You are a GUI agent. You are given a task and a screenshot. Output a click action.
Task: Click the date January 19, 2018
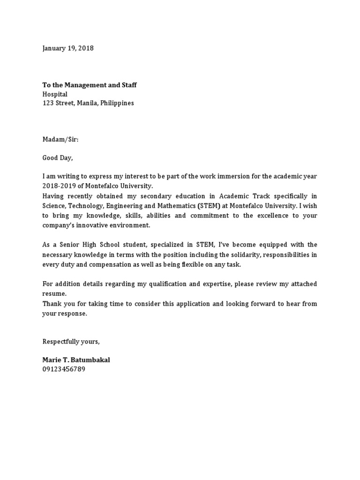(68, 48)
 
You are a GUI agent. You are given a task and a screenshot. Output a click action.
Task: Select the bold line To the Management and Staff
(90, 85)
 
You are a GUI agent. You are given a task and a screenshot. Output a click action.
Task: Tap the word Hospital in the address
(55, 94)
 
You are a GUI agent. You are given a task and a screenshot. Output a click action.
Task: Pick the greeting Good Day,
(58, 158)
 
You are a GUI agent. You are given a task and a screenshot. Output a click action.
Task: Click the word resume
(54, 293)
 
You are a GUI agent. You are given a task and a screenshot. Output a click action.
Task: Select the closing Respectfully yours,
(71, 341)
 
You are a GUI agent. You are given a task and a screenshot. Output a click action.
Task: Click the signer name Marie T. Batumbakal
(76, 360)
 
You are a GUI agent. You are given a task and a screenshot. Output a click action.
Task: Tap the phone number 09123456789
(64, 369)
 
